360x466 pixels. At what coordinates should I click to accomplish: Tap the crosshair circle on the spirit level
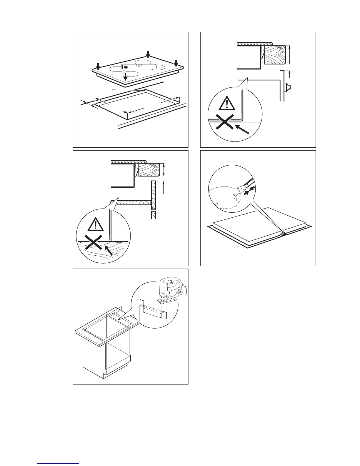click(126, 67)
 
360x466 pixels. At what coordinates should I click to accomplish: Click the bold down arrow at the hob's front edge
click(126, 77)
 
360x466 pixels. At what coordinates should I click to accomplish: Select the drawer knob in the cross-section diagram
click(287, 87)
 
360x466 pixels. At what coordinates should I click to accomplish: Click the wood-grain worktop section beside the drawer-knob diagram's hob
click(274, 54)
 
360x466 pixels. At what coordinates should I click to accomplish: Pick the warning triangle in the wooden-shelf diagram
click(96, 224)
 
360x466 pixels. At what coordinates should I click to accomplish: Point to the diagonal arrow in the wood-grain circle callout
click(109, 250)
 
